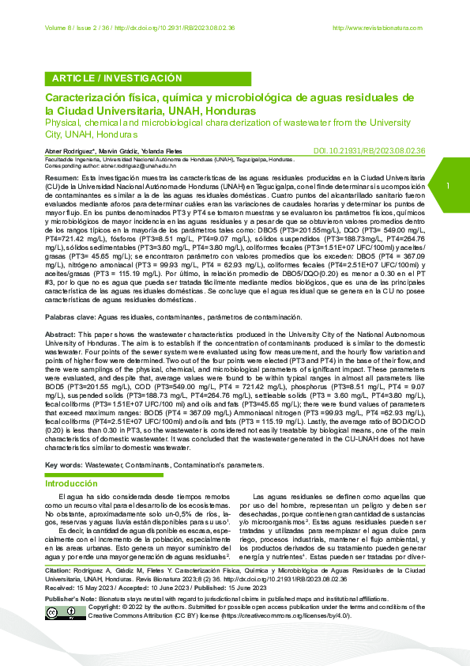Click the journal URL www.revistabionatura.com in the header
tap(381, 28)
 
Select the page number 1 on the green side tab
tap(447, 186)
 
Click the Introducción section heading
tap(71, 482)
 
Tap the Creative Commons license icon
tap(62, 635)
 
